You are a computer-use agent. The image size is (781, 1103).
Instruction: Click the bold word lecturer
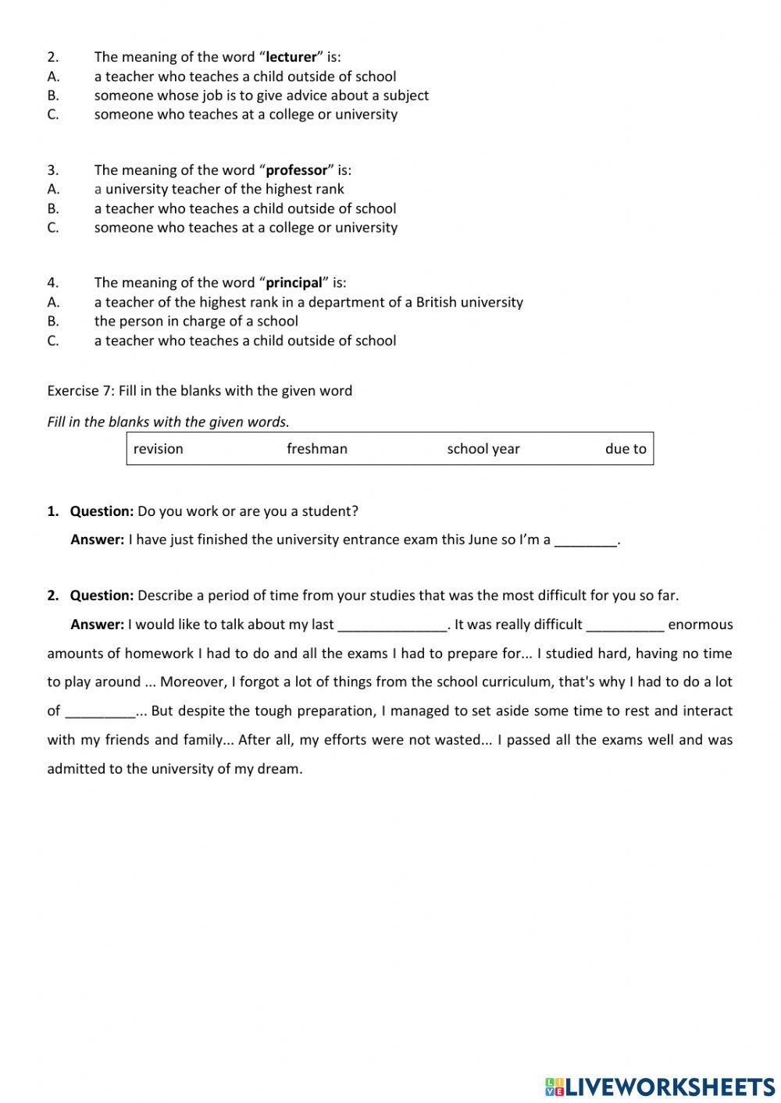(x=291, y=57)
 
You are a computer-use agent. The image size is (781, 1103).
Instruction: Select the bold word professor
(x=297, y=170)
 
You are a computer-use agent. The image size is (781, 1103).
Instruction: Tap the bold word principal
(x=294, y=283)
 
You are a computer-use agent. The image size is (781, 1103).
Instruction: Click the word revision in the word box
(x=159, y=449)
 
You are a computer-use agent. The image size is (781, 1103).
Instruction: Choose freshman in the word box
(x=317, y=449)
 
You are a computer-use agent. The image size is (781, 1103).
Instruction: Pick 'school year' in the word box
(x=483, y=449)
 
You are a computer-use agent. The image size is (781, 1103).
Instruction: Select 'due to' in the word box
(x=626, y=449)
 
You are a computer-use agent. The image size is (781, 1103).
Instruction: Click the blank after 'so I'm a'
(x=586, y=540)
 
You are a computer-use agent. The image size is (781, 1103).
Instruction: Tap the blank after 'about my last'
(x=392, y=625)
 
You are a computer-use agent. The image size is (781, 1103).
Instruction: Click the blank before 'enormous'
(x=625, y=625)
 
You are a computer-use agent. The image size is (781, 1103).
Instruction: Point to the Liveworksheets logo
(x=660, y=1087)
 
